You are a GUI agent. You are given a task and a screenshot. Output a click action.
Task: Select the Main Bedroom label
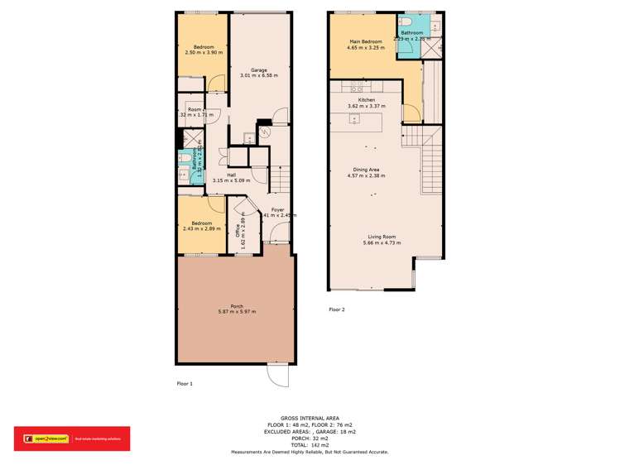point(365,41)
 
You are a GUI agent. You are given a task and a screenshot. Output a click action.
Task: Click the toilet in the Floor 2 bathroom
point(406,23)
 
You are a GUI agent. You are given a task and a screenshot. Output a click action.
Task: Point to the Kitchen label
point(366,100)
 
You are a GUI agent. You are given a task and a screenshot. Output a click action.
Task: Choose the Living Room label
point(381,237)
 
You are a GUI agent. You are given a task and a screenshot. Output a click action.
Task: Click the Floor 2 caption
point(336,309)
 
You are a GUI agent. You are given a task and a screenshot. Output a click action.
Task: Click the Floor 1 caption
point(185,383)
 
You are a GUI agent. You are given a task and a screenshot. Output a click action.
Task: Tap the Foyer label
point(278,209)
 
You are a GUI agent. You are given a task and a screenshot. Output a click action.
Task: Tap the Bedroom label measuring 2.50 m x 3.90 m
point(204,46)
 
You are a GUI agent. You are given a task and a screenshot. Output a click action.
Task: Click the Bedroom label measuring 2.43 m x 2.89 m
point(203,223)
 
